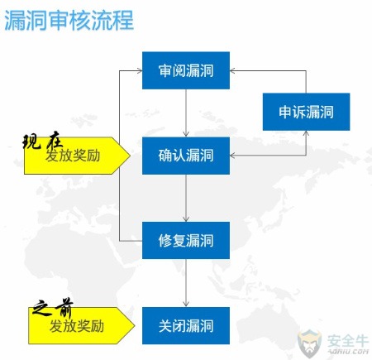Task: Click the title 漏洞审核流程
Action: click(69, 20)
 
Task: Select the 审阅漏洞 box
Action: click(186, 70)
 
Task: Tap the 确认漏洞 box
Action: click(186, 156)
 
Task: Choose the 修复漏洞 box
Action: click(186, 240)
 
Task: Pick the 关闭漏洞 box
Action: click(186, 325)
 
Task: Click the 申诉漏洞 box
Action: click(306, 112)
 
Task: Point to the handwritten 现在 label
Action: click(43, 142)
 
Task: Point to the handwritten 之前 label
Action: click(53, 307)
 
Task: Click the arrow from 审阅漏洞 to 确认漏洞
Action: click(186, 113)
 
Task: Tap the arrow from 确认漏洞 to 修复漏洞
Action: click(186, 198)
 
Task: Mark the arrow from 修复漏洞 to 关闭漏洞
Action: click(186, 283)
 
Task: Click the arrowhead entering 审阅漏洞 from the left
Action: click(140, 70)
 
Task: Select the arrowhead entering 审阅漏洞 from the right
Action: click(232, 70)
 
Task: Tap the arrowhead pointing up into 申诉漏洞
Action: click(306, 133)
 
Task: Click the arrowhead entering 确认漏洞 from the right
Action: click(232, 156)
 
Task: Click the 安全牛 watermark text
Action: click(348, 341)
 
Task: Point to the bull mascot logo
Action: click(310, 343)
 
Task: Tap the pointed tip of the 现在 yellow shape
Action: click(130, 156)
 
